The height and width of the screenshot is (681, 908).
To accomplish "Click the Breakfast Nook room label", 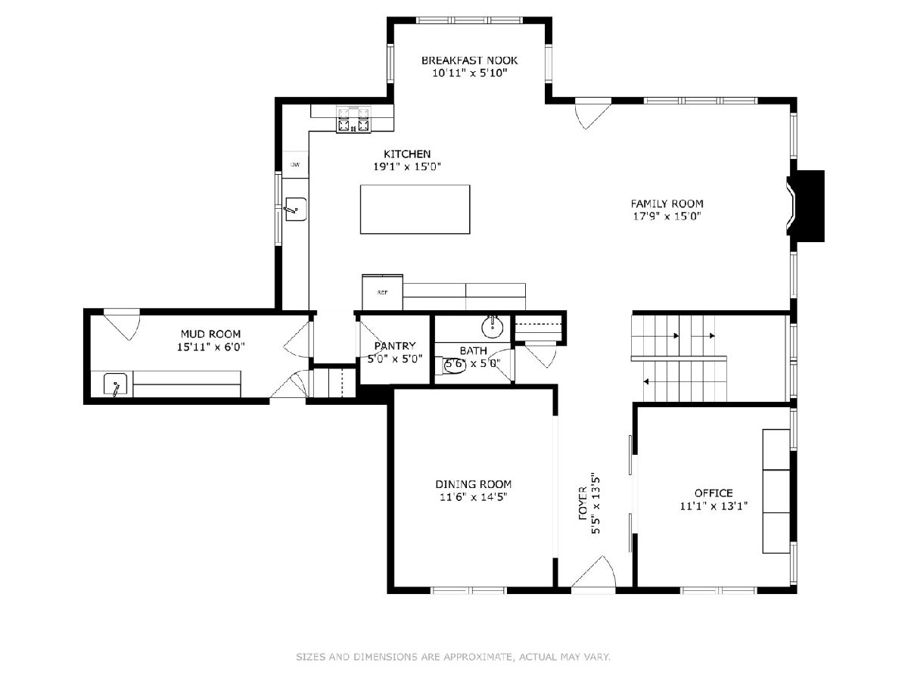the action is click(470, 61).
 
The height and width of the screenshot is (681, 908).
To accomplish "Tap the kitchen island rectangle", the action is click(415, 210).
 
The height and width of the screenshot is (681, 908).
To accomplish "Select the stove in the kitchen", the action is click(353, 120).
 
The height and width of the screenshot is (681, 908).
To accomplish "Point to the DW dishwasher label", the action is click(295, 164).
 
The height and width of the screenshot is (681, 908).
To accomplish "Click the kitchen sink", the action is click(296, 210).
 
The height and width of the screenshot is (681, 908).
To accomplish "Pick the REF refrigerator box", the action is click(382, 292).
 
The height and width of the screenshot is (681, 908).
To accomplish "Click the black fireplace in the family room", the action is click(806, 206).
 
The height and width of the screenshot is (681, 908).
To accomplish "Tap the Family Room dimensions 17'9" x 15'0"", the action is click(667, 216).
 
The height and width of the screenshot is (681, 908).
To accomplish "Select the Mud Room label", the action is click(210, 334).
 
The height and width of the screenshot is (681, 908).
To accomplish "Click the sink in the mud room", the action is click(115, 384).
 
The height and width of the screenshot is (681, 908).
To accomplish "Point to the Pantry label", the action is click(395, 346).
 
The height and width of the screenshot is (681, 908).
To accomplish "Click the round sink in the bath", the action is click(493, 327).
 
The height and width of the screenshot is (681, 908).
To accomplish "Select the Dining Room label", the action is click(473, 484).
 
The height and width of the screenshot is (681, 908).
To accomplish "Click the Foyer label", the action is click(583, 503).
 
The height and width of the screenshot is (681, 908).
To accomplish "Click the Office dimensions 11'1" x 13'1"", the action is click(714, 505).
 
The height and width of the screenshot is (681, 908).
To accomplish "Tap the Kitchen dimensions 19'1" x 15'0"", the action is click(407, 166).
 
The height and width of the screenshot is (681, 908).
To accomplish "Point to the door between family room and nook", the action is click(592, 113).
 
